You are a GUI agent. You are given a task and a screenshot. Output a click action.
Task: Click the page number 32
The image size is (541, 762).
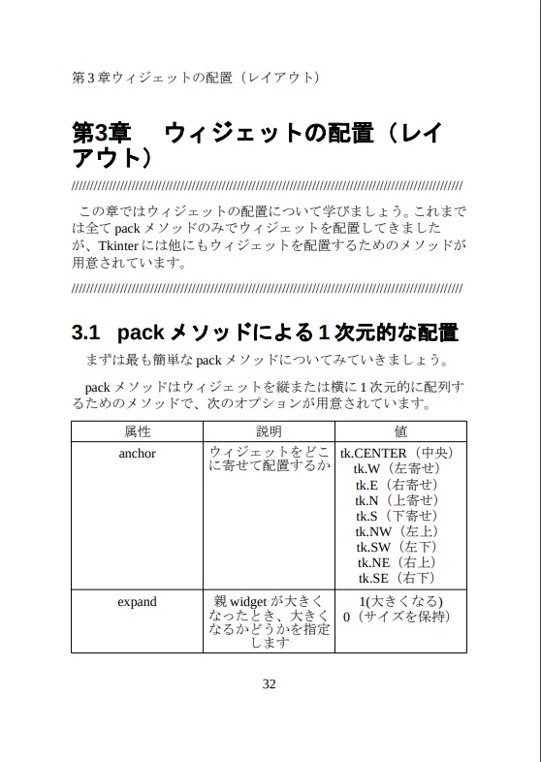click(x=270, y=683)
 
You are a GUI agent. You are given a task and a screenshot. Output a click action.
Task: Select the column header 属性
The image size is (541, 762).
click(x=137, y=431)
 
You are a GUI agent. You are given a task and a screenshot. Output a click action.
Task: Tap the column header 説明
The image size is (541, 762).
click(x=269, y=431)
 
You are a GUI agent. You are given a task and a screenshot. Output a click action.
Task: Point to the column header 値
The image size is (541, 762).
click(x=400, y=431)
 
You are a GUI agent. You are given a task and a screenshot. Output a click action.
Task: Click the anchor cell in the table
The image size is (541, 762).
click(x=137, y=453)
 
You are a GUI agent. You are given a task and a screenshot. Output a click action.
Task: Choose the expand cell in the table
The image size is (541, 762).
click(x=137, y=602)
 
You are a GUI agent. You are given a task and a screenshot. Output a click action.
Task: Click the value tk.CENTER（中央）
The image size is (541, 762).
click(x=398, y=453)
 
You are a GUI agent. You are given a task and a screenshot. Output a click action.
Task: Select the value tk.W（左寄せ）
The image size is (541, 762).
click(x=398, y=469)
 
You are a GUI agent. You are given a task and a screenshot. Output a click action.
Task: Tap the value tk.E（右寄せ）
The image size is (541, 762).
click(x=398, y=485)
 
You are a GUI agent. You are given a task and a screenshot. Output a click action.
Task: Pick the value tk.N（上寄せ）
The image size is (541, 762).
click(x=398, y=500)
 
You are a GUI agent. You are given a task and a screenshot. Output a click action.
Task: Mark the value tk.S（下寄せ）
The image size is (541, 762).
click(x=398, y=516)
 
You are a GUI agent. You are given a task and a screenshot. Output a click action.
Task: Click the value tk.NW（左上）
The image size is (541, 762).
click(x=398, y=531)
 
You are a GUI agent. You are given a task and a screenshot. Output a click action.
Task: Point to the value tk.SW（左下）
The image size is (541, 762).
click(x=398, y=547)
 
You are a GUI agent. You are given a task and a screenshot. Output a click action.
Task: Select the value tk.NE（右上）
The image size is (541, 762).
click(x=398, y=562)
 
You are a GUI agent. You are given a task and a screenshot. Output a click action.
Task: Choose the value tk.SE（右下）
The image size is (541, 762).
click(x=398, y=578)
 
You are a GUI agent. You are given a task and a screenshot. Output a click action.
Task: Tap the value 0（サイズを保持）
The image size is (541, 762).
click(x=398, y=617)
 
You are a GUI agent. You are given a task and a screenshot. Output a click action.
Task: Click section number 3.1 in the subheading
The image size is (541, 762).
click(x=86, y=333)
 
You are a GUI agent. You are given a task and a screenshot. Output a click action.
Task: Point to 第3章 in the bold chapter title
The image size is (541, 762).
click(x=101, y=134)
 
